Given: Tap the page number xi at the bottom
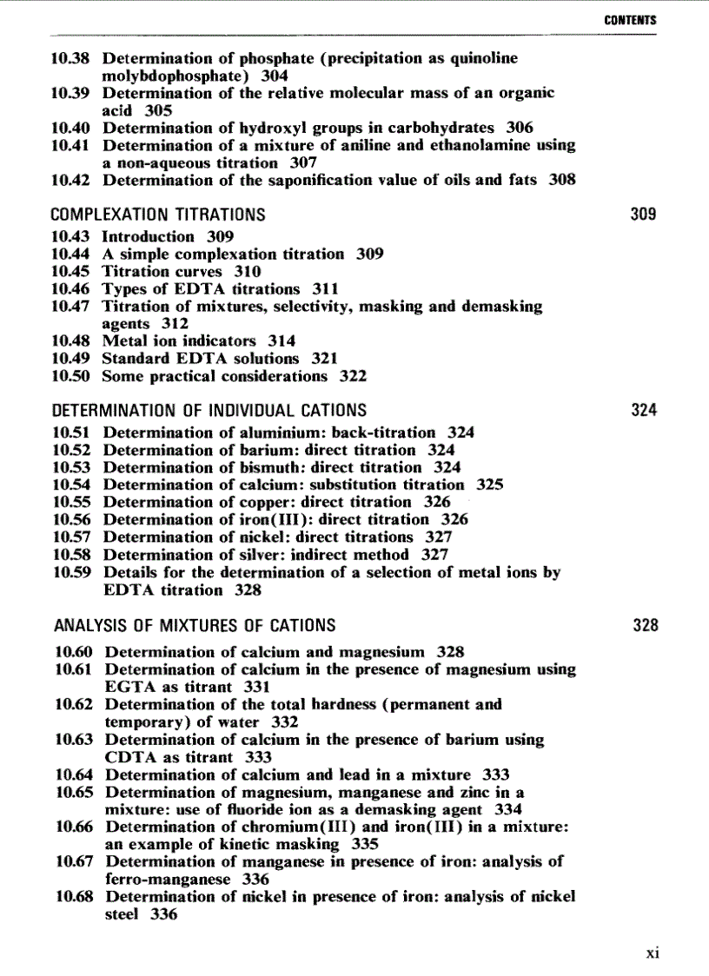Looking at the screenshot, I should [653, 953].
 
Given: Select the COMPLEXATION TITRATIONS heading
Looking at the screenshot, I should [158, 214].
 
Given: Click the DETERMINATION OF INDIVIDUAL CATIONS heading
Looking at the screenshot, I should [209, 410].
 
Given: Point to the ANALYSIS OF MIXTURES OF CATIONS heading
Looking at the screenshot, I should [195, 625].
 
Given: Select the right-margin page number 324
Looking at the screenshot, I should [643, 410].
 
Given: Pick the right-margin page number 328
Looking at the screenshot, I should [645, 625].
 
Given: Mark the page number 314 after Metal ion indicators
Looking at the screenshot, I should [282, 341].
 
